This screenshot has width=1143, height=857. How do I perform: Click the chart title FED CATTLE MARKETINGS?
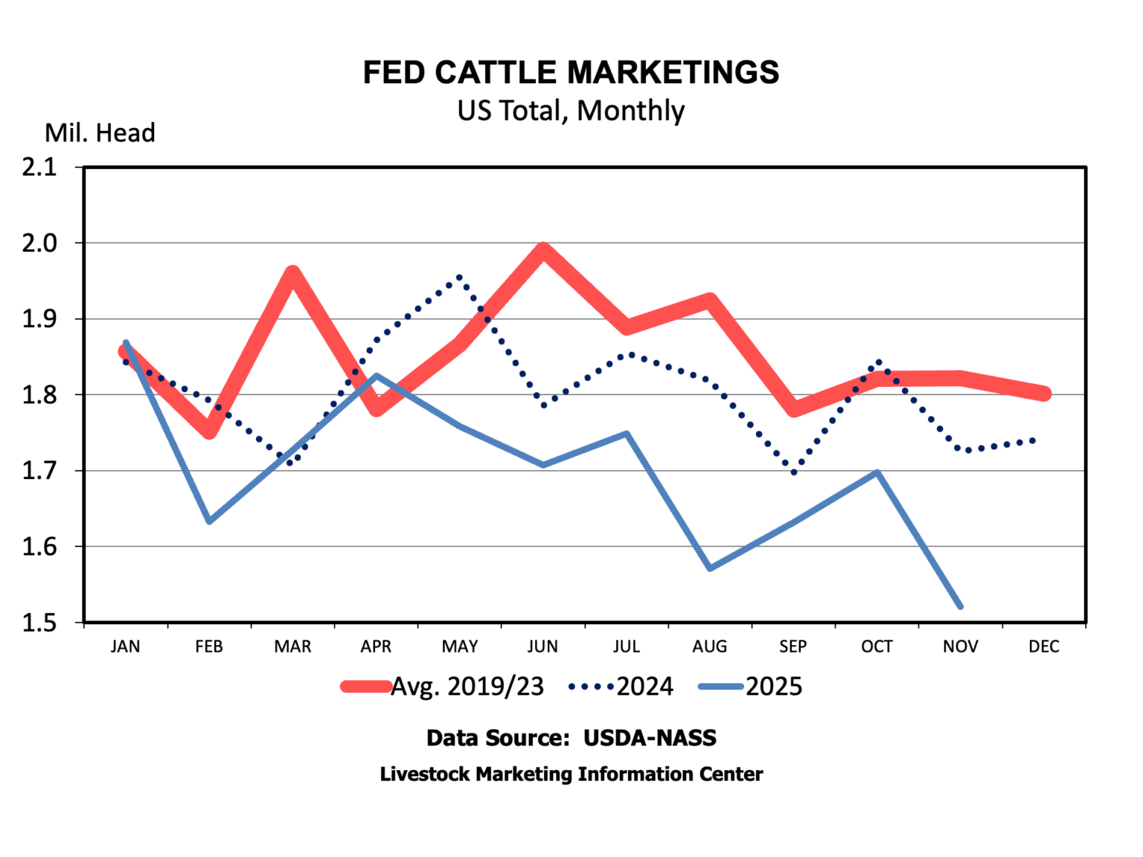(571, 73)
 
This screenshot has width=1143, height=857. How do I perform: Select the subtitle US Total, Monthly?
(571, 111)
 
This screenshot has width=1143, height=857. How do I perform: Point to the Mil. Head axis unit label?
(100, 133)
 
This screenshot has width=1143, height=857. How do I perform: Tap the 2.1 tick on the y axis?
(39, 167)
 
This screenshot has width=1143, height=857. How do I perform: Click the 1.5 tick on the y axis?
(39, 623)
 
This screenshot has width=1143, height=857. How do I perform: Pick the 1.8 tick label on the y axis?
(39, 395)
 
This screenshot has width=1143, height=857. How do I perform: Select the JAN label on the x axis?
(125, 646)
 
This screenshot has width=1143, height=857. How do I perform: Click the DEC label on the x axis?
(1043, 646)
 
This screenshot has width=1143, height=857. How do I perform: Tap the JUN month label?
(542, 646)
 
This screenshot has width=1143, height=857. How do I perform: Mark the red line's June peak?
(543, 250)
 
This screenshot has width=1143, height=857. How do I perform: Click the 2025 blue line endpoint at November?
(961, 607)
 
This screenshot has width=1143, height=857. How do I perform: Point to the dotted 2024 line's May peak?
(460, 277)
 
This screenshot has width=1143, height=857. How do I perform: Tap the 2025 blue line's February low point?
(209, 521)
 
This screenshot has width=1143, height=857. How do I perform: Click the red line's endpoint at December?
(1044, 394)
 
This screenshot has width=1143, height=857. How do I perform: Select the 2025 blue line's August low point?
(710, 568)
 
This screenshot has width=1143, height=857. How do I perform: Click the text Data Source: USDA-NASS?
(571, 738)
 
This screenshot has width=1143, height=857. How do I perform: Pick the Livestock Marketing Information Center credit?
(571, 774)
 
